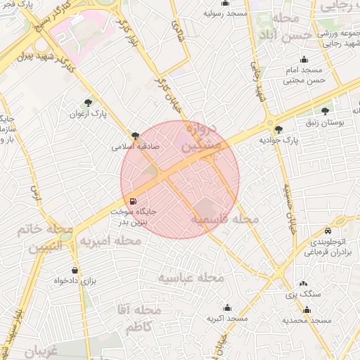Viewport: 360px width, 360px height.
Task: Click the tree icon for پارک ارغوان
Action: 88,103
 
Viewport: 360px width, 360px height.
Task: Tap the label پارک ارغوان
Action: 89,114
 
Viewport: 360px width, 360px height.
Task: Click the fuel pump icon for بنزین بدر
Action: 134,201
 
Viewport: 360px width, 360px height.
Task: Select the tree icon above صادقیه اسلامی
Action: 134,136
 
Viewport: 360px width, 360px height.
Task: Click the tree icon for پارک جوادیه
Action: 279,129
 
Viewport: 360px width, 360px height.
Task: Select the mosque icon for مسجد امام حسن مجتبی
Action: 304,60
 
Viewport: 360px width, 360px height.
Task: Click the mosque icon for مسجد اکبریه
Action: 226,307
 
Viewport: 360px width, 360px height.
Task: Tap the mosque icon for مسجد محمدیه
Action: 306,309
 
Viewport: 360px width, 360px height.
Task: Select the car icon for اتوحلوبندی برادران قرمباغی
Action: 328,231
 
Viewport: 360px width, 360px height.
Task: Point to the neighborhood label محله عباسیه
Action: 190,278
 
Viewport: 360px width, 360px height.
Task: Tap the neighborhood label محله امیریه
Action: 109,241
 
